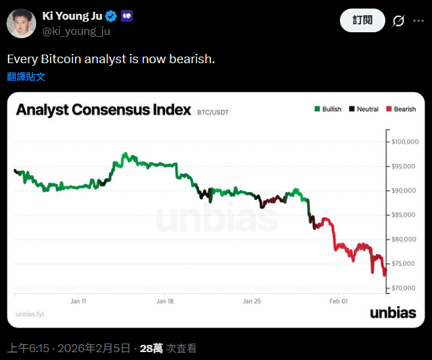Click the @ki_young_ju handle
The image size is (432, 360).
coord(76,30)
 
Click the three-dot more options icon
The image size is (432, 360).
coord(418,21)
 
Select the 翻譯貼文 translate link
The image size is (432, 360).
coord(26,76)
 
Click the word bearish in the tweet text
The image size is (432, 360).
coord(190,59)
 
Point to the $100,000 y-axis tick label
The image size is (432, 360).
coord(405,141)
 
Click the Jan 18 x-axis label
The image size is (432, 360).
coord(165,301)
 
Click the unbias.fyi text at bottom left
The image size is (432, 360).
coord(29,314)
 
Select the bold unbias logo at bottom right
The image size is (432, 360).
coord(393,313)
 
